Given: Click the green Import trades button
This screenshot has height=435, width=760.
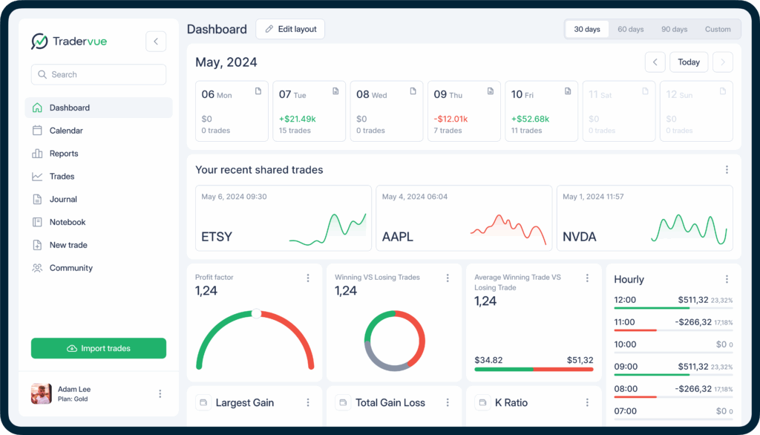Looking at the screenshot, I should pyautogui.click(x=99, y=348).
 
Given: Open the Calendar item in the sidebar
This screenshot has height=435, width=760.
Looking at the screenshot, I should pyautogui.click(x=66, y=131).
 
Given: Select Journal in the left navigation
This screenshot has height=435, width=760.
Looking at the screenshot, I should pyautogui.click(x=63, y=199).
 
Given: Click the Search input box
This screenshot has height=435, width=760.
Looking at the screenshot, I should pyautogui.click(x=99, y=74).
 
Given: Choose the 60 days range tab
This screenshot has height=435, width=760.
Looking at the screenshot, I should pyautogui.click(x=631, y=30).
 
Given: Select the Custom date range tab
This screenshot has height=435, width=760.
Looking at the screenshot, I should pyautogui.click(x=718, y=30).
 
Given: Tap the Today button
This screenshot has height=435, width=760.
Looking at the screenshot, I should pyautogui.click(x=689, y=62).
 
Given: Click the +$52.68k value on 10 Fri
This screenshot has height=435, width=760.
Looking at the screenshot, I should pyautogui.click(x=530, y=119).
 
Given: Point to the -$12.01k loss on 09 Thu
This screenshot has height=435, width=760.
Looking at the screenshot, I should pyautogui.click(x=451, y=119).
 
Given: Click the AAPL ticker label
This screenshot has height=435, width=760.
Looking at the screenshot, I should pyautogui.click(x=398, y=237).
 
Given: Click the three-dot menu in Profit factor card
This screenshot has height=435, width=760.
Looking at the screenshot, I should pyautogui.click(x=308, y=278).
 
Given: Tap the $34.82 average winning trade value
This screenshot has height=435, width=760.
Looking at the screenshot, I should pyautogui.click(x=488, y=360).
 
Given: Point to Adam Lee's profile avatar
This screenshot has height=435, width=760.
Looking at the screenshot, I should pyautogui.click(x=42, y=393).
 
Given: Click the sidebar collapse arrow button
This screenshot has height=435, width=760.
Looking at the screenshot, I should pyautogui.click(x=156, y=42).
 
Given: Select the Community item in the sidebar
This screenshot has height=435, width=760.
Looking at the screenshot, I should pyautogui.click(x=71, y=268).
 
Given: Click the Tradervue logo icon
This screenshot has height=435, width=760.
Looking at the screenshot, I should pyautogui.click(x=39, y=42).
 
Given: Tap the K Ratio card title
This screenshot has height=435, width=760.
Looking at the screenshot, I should pyautogui.click(x=511, y=402).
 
